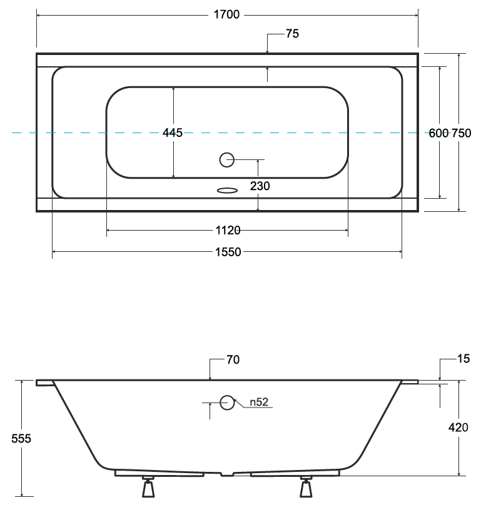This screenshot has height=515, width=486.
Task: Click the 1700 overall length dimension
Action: (x=226, y=15)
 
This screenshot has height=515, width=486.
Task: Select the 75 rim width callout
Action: (x=292, y=34)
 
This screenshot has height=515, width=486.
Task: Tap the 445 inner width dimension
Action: (x=173, y=132)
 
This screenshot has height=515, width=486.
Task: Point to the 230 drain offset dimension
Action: (x=260, y=186)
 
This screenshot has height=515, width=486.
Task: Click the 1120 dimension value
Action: (x=228, y=230)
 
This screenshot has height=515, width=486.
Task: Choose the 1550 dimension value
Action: (x=228, y=252)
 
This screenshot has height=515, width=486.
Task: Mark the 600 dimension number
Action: (x=438, y=133)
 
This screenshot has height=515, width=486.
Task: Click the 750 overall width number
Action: (x=462, y=133)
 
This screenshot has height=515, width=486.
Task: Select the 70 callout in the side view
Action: (x=233, y=359)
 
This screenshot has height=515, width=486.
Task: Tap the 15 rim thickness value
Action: (x=463, y=359)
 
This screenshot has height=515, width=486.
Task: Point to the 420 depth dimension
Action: (x=458, y=427)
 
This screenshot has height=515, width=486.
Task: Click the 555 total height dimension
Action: (x=21, y=439)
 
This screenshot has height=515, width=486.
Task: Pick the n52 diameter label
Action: (x=259, y=402)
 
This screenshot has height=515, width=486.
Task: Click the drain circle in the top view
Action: (x=226, y=160)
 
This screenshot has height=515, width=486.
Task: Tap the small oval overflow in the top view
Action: (x=227, y=191)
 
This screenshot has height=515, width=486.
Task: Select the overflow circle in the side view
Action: (x=227, y=402)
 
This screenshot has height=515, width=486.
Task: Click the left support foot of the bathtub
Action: (x=148, y=487)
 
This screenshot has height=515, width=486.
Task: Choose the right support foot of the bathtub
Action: (x=306, y=487)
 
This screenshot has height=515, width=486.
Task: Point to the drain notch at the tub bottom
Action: (x=227, y=474)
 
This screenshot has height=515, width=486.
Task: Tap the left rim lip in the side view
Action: (x=45, y=383)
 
